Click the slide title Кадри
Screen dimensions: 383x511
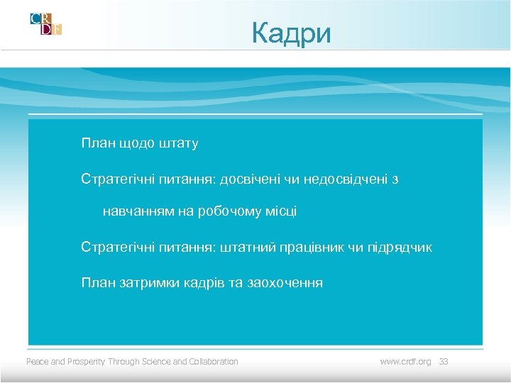pos(291,33)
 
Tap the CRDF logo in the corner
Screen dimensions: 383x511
pos(46,23)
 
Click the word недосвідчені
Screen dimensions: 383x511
pos(344,179)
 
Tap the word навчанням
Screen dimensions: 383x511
pos(134,211)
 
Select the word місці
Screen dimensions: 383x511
pos(280,211)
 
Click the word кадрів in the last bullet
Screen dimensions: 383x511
pos(203,283)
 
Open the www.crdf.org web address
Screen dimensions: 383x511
pos(405,362)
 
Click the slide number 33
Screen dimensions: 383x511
pos(444,362)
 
